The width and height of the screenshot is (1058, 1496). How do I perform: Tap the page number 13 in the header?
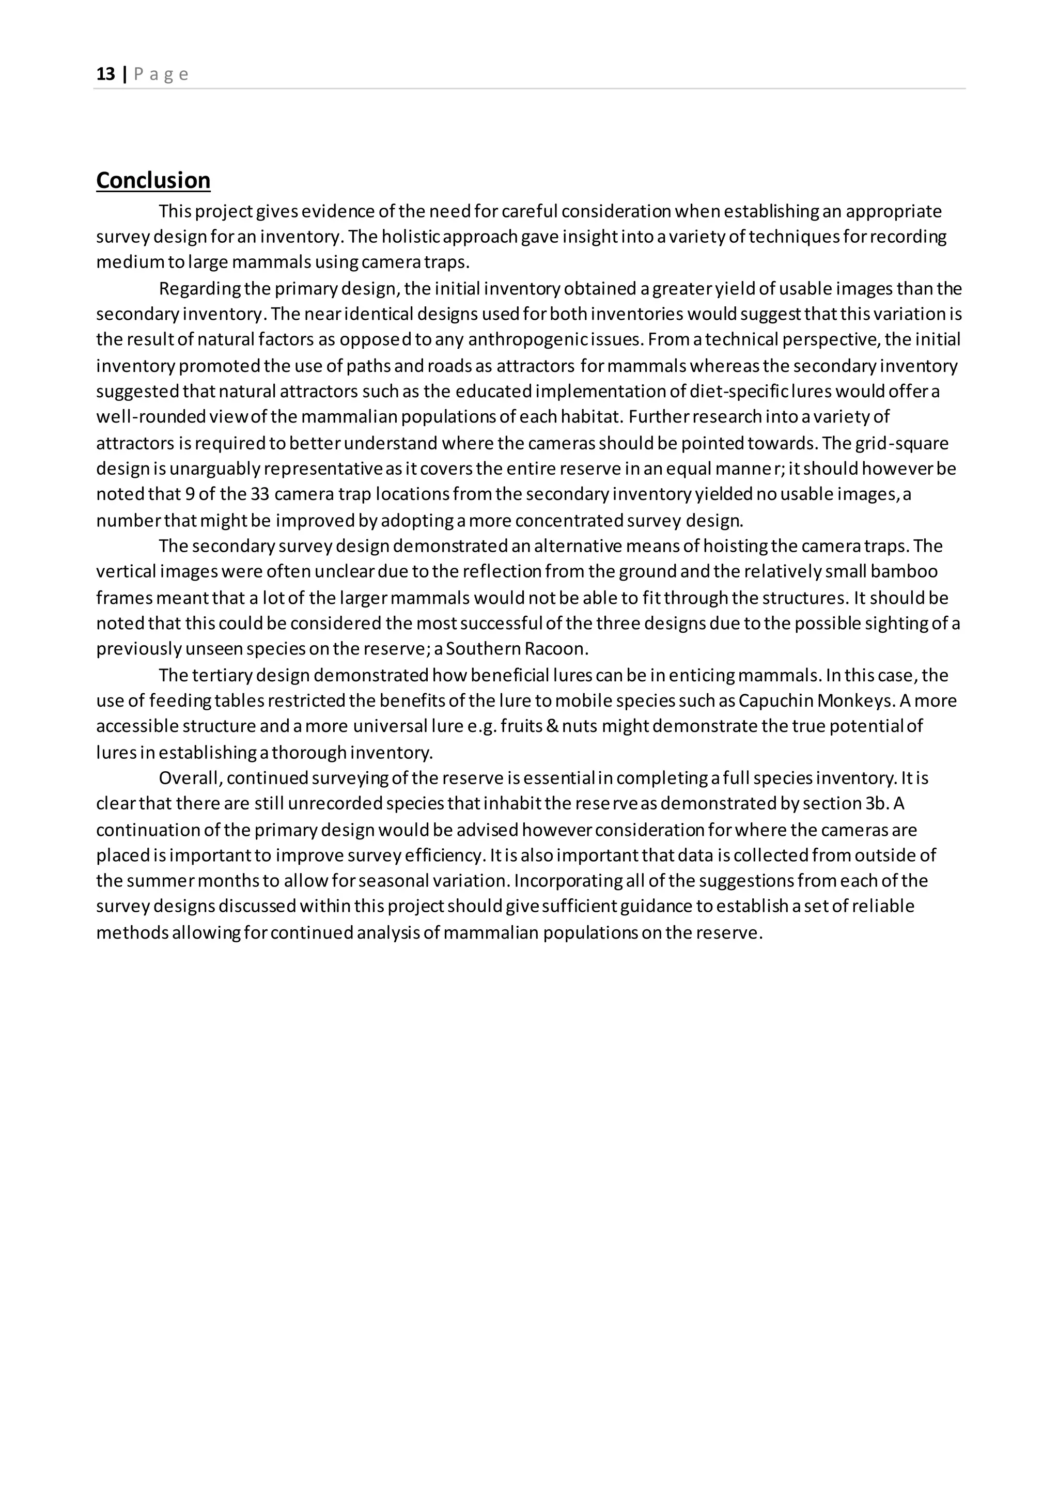click(x=105, y=74)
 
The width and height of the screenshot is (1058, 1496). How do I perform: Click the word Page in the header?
click(x=161, y=74)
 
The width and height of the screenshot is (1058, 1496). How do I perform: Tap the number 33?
click(x=260, y=494)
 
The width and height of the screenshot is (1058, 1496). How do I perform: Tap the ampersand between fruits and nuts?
click(x=552, y=726)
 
